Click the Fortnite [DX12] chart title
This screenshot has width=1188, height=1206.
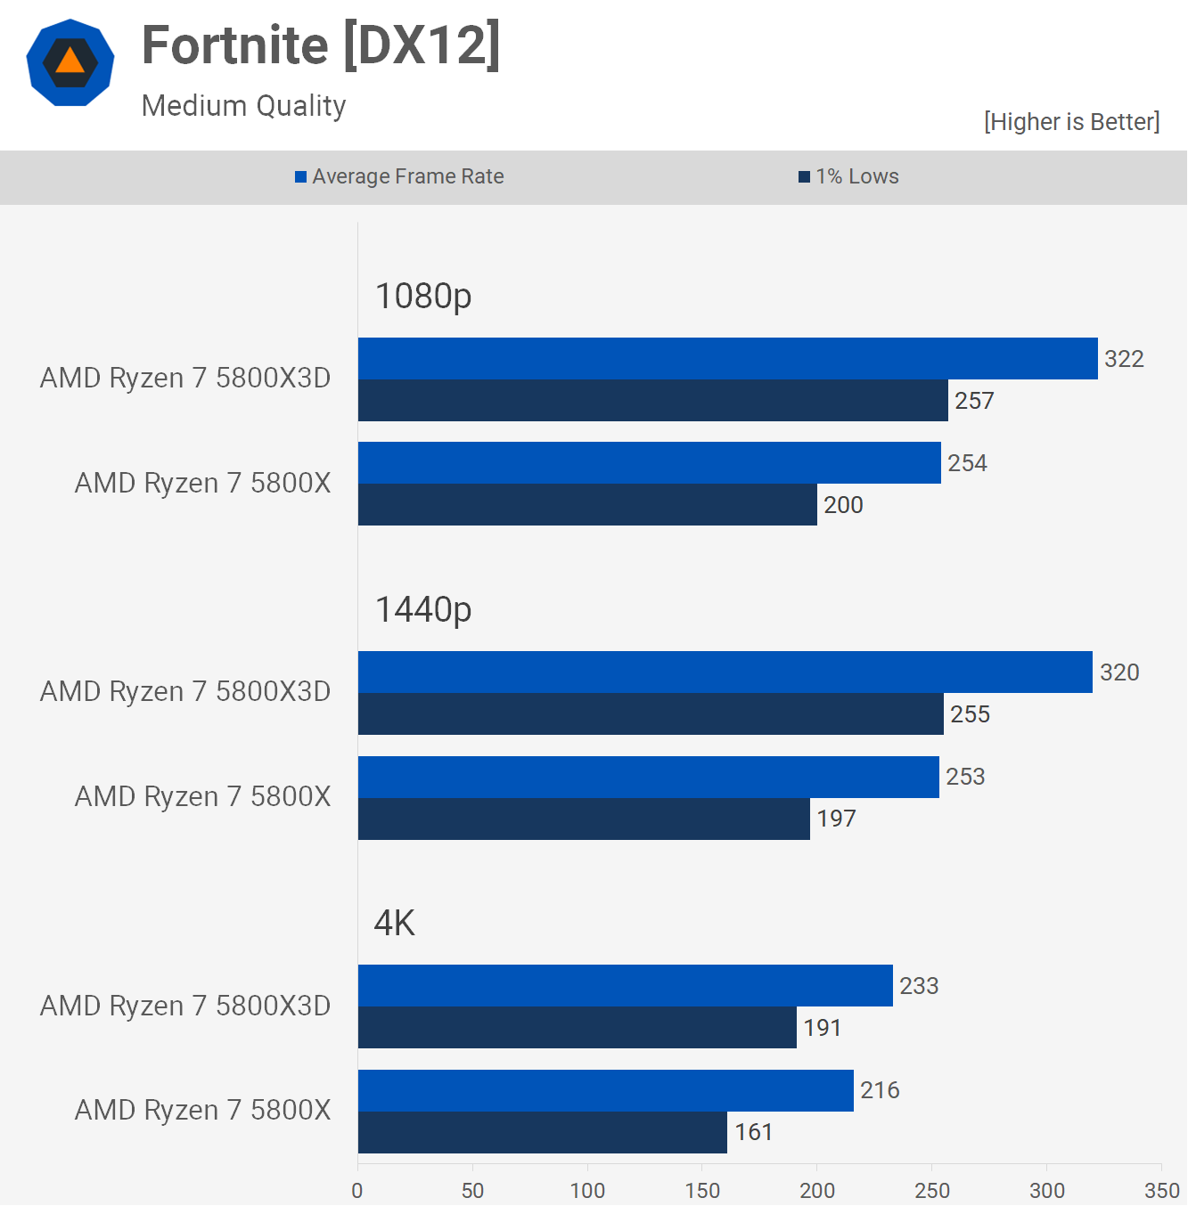pyautogui.click(x=321, y=45)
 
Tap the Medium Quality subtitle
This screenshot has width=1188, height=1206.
pyautogui.click(x=243, y=106)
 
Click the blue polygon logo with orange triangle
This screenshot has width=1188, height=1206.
pyautogui.click(x=70, y=62)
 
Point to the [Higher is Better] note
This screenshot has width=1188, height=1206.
pyautogui.click(x=1071, y=122)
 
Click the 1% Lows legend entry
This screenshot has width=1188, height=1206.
pyautogui.click(x=848, y=176)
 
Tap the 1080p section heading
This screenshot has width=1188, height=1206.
pyautogui.click(x=423, y=296)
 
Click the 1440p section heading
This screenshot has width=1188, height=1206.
pyautogui.click(x=423, y=610)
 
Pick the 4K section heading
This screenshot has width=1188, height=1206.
pyautogui.click(x=395, y=924)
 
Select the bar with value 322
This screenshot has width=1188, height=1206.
pyautogui.click(x=727, y=359)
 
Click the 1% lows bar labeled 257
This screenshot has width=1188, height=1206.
pyautogui.click(x=652, y=401)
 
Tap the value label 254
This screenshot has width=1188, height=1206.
pyautogui.click(x=967, y=463)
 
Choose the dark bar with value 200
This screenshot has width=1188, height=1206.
pyautogui.click(x=587, y=505)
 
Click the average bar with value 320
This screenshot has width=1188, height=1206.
pyautogui.click(x=725, y=672)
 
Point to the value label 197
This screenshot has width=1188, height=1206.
pyautogui.click(x=836, y=819)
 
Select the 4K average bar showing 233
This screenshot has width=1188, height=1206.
pyautogui.click(x=625, y=986)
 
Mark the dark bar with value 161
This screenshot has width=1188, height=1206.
pyautogui.click(x=542, y=1132)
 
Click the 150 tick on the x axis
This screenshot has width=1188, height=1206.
pyautogui.click(x=702, y=1190)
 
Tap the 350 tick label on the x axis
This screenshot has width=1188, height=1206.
pyautogui.click(x=1161, y=1190)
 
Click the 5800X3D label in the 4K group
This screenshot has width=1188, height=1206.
pyautogui.click(x=185, y=1006)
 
